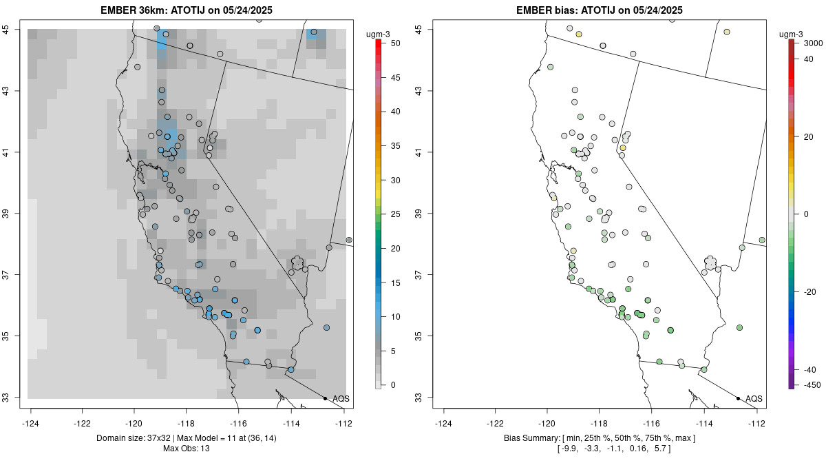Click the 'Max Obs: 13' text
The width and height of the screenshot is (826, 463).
coord(187,449)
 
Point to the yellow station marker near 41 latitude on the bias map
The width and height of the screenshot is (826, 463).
coord(622,148)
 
